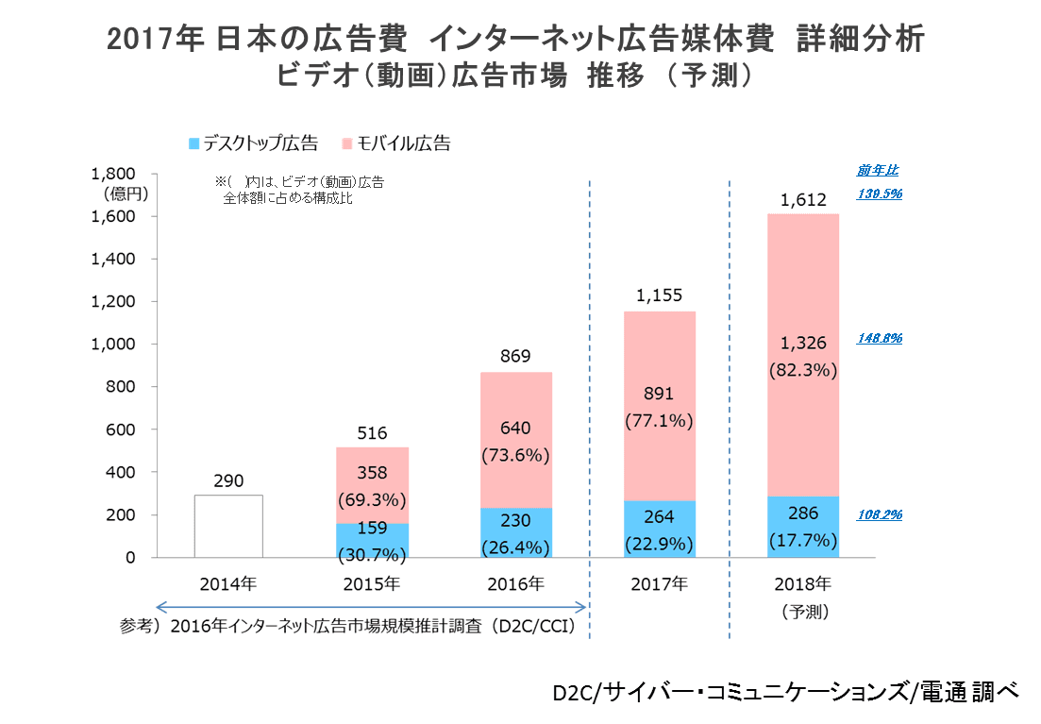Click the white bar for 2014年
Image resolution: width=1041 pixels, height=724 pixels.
pyautogui.click(x=228, y=526)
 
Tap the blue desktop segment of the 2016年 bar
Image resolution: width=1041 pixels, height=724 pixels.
pyautogui.click(x=515, y=532)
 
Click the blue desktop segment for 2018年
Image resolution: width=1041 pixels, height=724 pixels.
pyautogui.click(x=803, y=527)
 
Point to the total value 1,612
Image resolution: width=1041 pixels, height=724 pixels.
pyautogui.click(x=803, y=199)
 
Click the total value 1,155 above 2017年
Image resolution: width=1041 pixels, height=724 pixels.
pyautogui.click(x=659, y=295)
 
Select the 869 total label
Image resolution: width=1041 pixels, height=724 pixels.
pyautogui.click(x=515, y=356)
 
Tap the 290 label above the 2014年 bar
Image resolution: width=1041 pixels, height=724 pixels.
pyautogui.click(x=228, y=480)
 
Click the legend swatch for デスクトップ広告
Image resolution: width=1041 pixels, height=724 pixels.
pyautogui.click(x=194, y=143)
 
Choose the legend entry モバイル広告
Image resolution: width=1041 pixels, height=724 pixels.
pyautogui.click(x=402, y=143)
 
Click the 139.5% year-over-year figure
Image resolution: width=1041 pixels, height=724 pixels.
pyautogui.click(x=880, y=194)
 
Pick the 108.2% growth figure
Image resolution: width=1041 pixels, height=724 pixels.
pyautogui.click(x=880, y=515)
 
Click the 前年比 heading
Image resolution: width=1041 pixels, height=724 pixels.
pyautogui.click(x=878, y=171)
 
